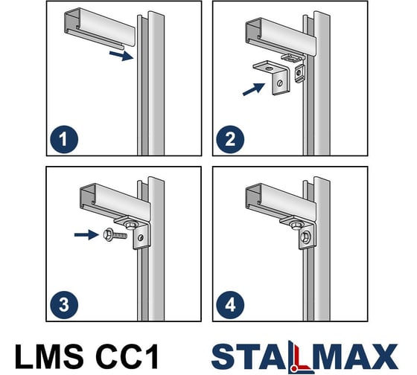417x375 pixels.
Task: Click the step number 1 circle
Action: pyautogui.click(x=64, y=139)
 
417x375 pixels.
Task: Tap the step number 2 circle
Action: pyautogui.click(x=230, y=139)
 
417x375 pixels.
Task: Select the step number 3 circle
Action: pyautogui.click(x=64, y=305)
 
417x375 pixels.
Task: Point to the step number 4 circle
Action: pyautogui.click(x=230, y=305)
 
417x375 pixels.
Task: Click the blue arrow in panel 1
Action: pyautogui.click(x=121, y=55)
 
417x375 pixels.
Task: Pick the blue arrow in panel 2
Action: pyautogui.click(x=254, y=89)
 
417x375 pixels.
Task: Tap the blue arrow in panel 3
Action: pyautogui.click(x=86, y=234)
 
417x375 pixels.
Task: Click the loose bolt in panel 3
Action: pyautogui.click(x=115, y=234)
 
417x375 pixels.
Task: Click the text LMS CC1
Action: pyautogui.click(x=87, y=356)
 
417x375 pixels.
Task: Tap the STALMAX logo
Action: pyautogui.click(x=305, y=356)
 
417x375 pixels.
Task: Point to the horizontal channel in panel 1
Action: pyautogui.click(x=101, y=28)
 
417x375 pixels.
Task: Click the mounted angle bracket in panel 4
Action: pyautogui.click(x=299, y=231)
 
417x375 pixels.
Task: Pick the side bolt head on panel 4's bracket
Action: pyautogui.click(x=305, y=237)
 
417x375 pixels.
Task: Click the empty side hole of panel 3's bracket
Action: pyautogui.click(x=141, y=237)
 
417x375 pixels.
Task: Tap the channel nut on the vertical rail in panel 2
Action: pyautogui.click(x=299, y=72)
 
